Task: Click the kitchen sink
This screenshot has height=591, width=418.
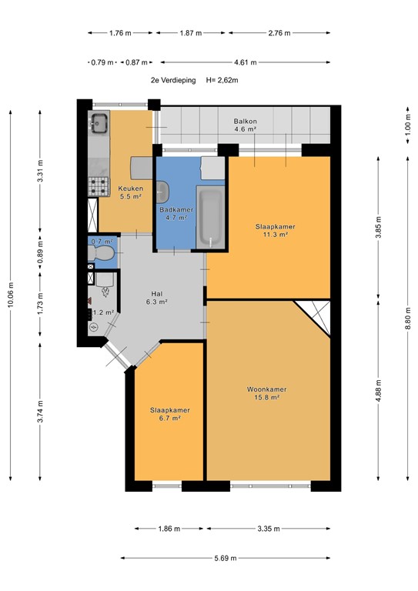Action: click(x=99, y=123)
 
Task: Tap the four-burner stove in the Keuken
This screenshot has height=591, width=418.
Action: click(x=99, y=185)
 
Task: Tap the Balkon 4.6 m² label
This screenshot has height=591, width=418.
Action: click(x=245, y=125)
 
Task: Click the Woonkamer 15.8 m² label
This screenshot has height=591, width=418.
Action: click(x=263, y=392)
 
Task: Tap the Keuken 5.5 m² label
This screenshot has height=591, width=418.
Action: click(x=129, y=192)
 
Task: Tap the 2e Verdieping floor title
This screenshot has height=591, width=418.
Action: click(x=173, y=80)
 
